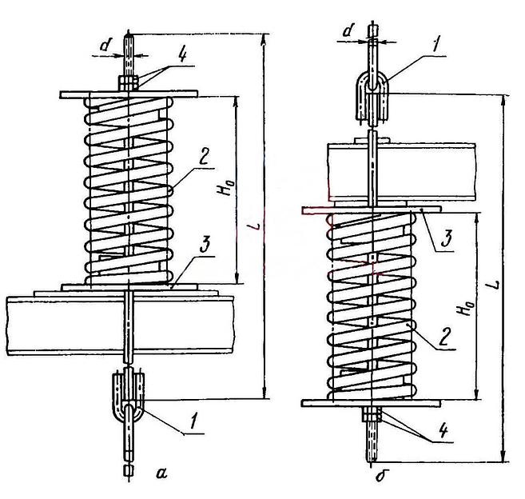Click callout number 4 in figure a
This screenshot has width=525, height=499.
point(182,55)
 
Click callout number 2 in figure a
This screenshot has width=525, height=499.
point(205,156)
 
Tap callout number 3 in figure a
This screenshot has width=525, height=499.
point(205,244)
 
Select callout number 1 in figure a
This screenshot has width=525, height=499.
point(193,421)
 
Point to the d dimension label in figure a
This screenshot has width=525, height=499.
point(105,45)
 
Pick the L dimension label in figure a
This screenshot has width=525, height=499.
point(256,226)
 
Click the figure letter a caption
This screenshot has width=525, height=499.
point(161,473)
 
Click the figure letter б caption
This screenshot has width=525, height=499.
point(380,474)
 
